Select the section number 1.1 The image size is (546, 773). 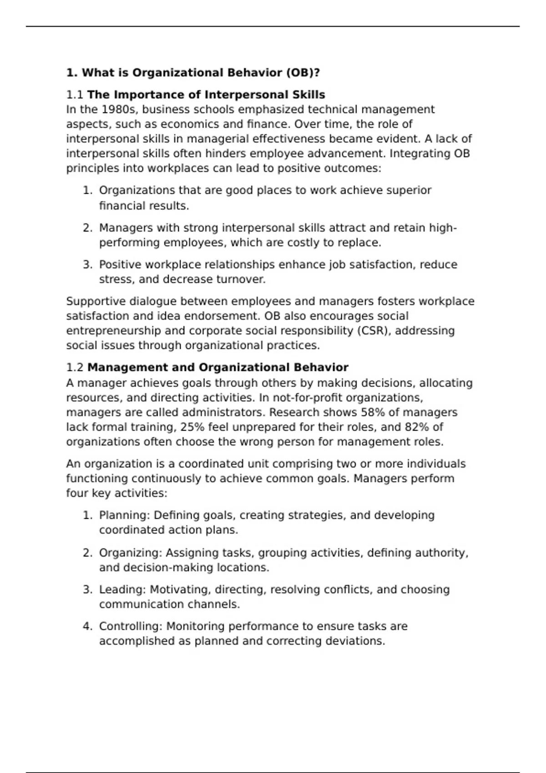(75, 95)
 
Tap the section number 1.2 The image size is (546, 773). (75, 367)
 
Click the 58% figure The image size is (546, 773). (373, 412)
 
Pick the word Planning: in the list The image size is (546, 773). (124, 515)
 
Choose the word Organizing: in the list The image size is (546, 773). (130, 553)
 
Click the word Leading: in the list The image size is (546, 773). (122, 590)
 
